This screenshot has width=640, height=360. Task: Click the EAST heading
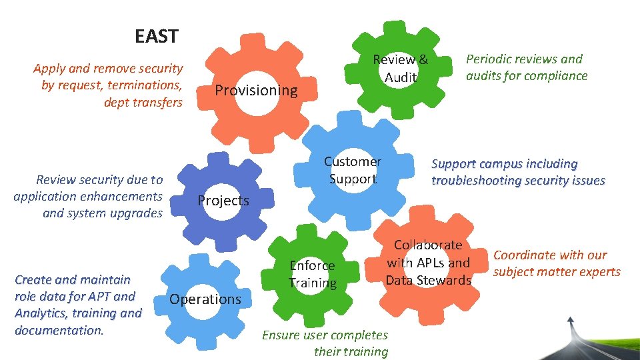(x=156, y=36)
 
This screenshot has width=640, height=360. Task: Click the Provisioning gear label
(x=256, y=90)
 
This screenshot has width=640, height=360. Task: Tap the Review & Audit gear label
(x=400, y=68)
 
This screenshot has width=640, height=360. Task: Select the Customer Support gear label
(x=352, y=170)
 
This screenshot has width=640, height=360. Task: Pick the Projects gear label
(x=223, y=201)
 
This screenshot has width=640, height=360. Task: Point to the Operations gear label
(x=205, y=299)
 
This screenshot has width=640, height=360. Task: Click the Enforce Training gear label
(x=312, y=274)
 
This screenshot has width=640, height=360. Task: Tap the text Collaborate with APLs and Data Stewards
(x=428, y=263)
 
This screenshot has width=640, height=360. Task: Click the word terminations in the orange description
(x=147, y=85)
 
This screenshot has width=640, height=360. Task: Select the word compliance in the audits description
(x=554, y=76)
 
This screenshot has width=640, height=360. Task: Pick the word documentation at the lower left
(x=59, y=330)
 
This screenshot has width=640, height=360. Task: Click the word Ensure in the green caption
(x=282, y=335)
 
